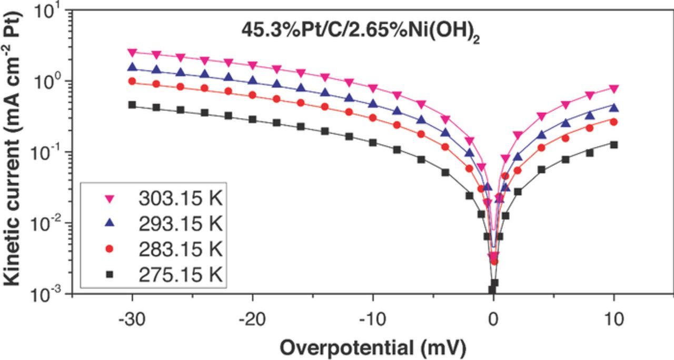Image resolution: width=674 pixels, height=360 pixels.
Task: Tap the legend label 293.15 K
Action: tap(181, 224)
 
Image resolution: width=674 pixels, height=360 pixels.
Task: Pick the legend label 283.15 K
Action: tap(181, 249)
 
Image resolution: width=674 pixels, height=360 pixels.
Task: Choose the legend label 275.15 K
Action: tap(181, 274)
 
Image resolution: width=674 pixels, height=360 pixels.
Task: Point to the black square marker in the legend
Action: tap(110, 274)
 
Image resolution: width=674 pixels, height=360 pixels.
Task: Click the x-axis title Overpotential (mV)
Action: tap(372, 347)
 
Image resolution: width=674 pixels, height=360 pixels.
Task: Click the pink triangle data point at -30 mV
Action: tap(132, 52)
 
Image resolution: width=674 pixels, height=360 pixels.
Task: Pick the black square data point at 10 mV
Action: tap(613, 144)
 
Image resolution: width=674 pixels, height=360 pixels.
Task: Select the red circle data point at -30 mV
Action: tap(132, 82)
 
